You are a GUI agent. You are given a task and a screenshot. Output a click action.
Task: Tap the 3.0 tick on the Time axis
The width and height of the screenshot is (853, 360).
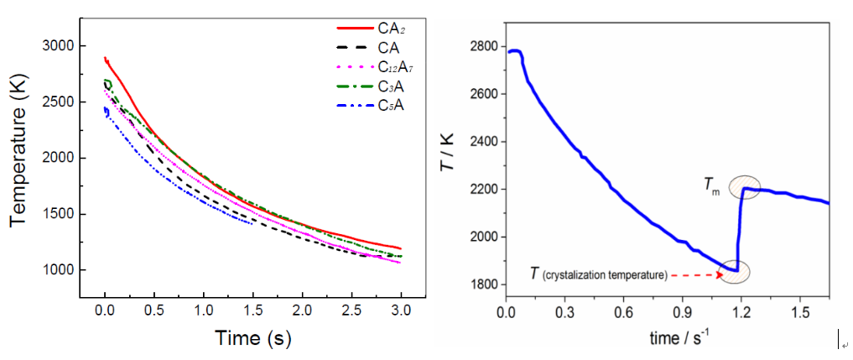click(401, 310)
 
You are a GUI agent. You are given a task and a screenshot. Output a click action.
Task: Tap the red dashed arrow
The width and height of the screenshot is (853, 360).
click(697, 274)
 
